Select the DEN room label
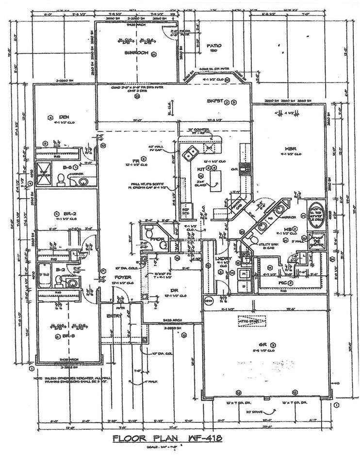pos(64,117)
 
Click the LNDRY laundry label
pos(221,259)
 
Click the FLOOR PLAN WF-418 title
pos(167,438)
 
